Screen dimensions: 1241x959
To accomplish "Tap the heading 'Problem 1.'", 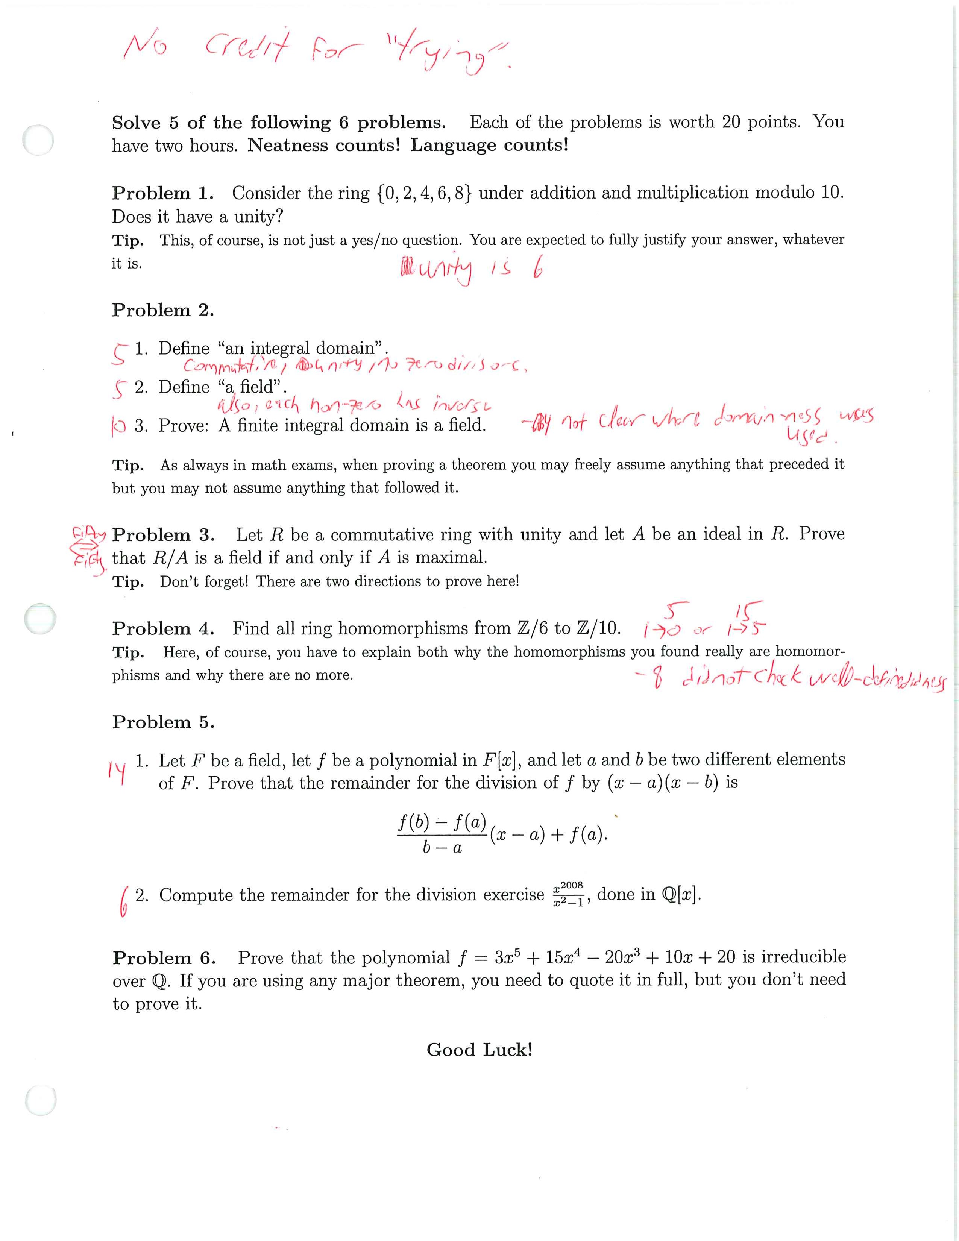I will [162, 193].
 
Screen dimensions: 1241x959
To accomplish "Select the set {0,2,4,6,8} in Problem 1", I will [423, 193].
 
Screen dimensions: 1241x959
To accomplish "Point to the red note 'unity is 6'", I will [472, 270].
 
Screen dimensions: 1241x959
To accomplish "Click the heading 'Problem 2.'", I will [162, 310].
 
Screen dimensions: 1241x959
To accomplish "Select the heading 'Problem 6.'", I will [164, 958].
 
